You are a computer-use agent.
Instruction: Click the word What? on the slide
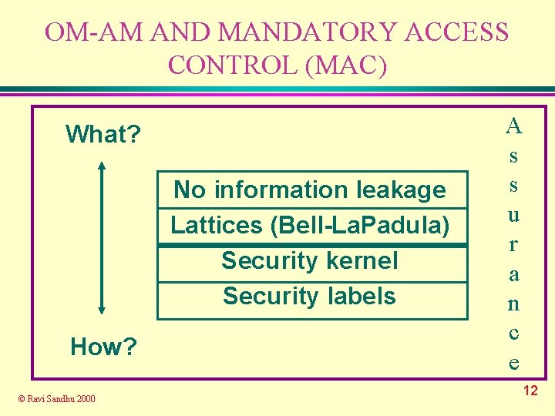click(x=103, y=135)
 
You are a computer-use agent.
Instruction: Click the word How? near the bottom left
click(x=103, y=347)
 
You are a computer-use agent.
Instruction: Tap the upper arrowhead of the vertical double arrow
click(x=102, y=165)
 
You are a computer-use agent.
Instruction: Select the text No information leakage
click(x=310, y=190)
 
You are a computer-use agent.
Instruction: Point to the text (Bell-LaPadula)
click(x=359, y=225)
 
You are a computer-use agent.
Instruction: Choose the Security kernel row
click(x=310, y=260)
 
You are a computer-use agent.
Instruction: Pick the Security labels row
click(x=310, y=296)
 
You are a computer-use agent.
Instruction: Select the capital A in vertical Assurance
click(x=514, y=125)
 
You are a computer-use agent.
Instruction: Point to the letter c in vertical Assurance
click(x=513, y=334)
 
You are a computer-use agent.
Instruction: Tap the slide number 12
click(x=530, y=391)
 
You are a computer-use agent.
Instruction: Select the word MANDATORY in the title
click(x=308, y=32)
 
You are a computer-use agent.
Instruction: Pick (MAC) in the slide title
click(x=346, y=65)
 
